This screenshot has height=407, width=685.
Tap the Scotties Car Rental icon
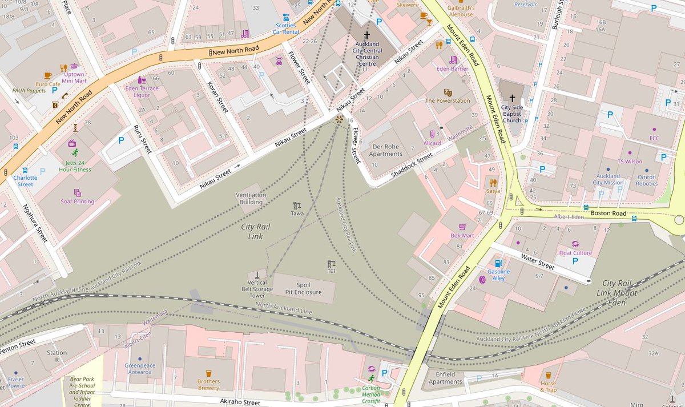coord(286,17)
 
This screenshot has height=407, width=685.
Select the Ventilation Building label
coord(251,198)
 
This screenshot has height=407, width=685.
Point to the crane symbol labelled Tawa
coord(296,205)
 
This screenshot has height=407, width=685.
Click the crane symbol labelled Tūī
coord(331,264)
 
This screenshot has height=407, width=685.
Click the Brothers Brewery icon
coord(208,374)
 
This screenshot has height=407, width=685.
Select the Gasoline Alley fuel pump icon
coord(498,263)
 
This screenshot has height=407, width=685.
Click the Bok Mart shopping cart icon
coord(462,227)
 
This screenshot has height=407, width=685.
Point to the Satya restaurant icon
coord(493,183)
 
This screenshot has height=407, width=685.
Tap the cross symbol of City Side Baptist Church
coord(512,98)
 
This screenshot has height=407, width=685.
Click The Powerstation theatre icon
coord(448,92)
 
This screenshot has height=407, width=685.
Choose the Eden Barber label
coord(452,68)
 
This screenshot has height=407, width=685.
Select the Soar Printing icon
coord(78,193)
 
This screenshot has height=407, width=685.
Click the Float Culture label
coord(575,253)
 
